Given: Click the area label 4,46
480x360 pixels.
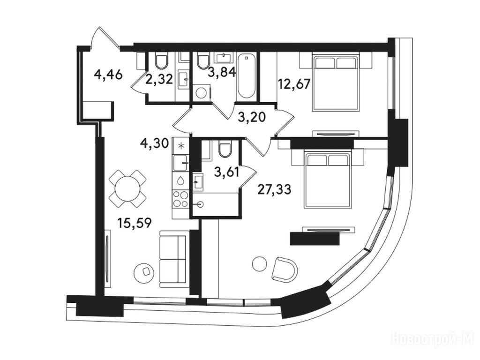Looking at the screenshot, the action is tap(108, 75).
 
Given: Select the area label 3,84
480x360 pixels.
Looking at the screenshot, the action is tap(222, 72).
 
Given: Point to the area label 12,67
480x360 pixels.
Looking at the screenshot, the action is tap(294, 83).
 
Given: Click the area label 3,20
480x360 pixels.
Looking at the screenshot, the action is tap(252, 117).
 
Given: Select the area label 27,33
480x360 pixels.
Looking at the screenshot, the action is tap(274, 190).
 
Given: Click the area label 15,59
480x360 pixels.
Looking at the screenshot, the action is tap(135, 223).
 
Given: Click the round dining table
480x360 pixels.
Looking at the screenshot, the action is tap(127, 188).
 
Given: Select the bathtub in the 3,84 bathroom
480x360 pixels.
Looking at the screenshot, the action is tap(246, 76).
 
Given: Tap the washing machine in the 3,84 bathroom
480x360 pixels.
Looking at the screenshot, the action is tap(202, 92).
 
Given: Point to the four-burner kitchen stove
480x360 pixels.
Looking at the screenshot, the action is tap(180, 199).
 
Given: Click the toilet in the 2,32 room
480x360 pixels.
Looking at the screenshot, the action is tap(161, 61).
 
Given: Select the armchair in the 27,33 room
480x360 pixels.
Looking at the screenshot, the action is tap(285, 269).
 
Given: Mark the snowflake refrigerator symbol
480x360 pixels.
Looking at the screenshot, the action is tap(181, 146).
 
